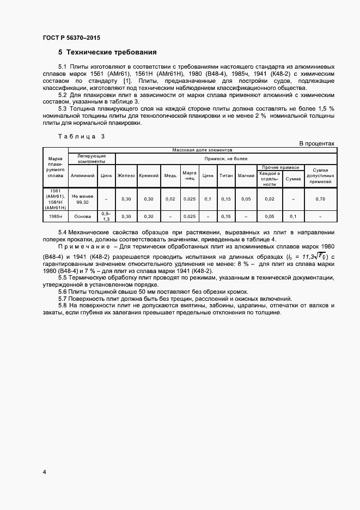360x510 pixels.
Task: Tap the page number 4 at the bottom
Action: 44,472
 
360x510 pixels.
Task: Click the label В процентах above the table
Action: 316,143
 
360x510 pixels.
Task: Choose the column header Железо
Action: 126,175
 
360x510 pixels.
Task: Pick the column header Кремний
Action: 149,175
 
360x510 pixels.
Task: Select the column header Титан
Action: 226,175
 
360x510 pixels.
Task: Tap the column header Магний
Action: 246,175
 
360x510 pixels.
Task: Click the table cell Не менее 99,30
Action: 83,199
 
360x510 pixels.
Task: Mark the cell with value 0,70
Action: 320,199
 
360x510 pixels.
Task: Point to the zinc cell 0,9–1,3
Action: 106,216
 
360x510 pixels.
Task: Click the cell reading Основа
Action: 83,216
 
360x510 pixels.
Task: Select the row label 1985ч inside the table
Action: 57,216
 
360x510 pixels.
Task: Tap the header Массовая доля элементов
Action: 202,149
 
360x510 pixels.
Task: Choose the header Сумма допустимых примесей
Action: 320,175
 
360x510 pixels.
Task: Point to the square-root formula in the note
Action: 313,257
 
